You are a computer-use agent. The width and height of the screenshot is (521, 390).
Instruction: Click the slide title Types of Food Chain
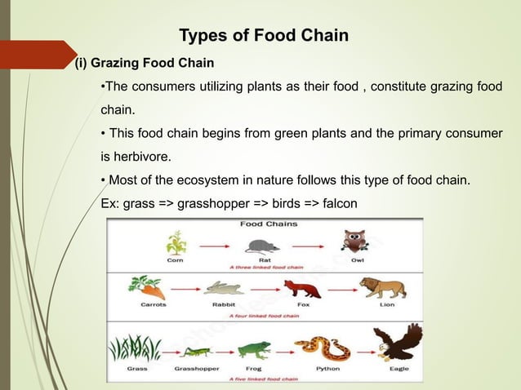(x=263, y=36)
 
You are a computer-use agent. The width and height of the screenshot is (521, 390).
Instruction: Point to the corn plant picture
(x=175, y=243)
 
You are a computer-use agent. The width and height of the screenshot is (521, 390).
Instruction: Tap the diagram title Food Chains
(x=268, y=223)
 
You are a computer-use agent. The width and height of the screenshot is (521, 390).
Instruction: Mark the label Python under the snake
(x=327, y=368)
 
